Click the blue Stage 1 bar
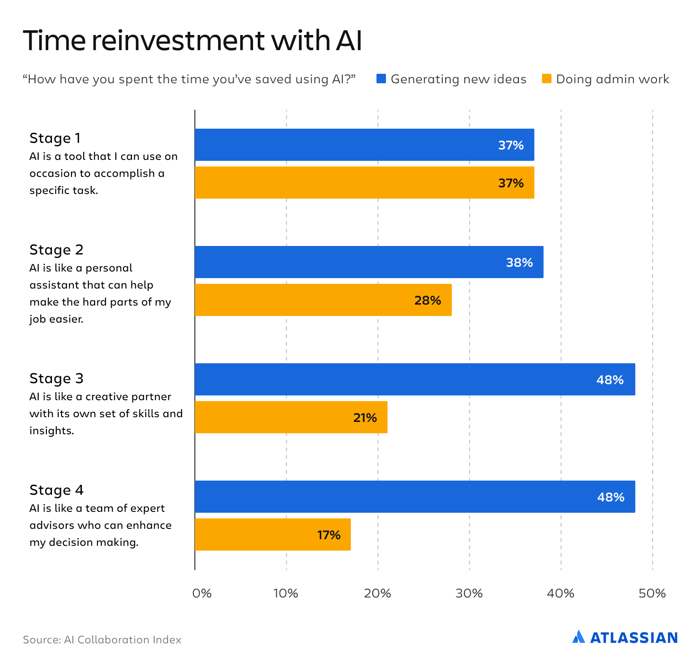(x=364, y=145)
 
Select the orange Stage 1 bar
(x=364, y=183)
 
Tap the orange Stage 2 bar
(x=323, y=300)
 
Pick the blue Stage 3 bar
(x=415, y=379)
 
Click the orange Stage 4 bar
(x=272, y=535)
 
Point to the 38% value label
(x=519, y=263)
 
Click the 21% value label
(x=365, y=418)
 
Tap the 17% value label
(x=329, y=535)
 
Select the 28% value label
(x=428, y=300)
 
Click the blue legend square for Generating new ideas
(x=381, y=79)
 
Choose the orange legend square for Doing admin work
(x=547, y=79)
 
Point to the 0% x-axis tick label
(x=202, y=593)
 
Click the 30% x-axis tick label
(x=469, y=593)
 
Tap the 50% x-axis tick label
(x=652, y=593)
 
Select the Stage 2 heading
(x=56, y=250)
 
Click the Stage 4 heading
(x=56, y=490)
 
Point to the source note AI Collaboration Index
(x=102, y=640)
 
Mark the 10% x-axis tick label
(x=286, y=593)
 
